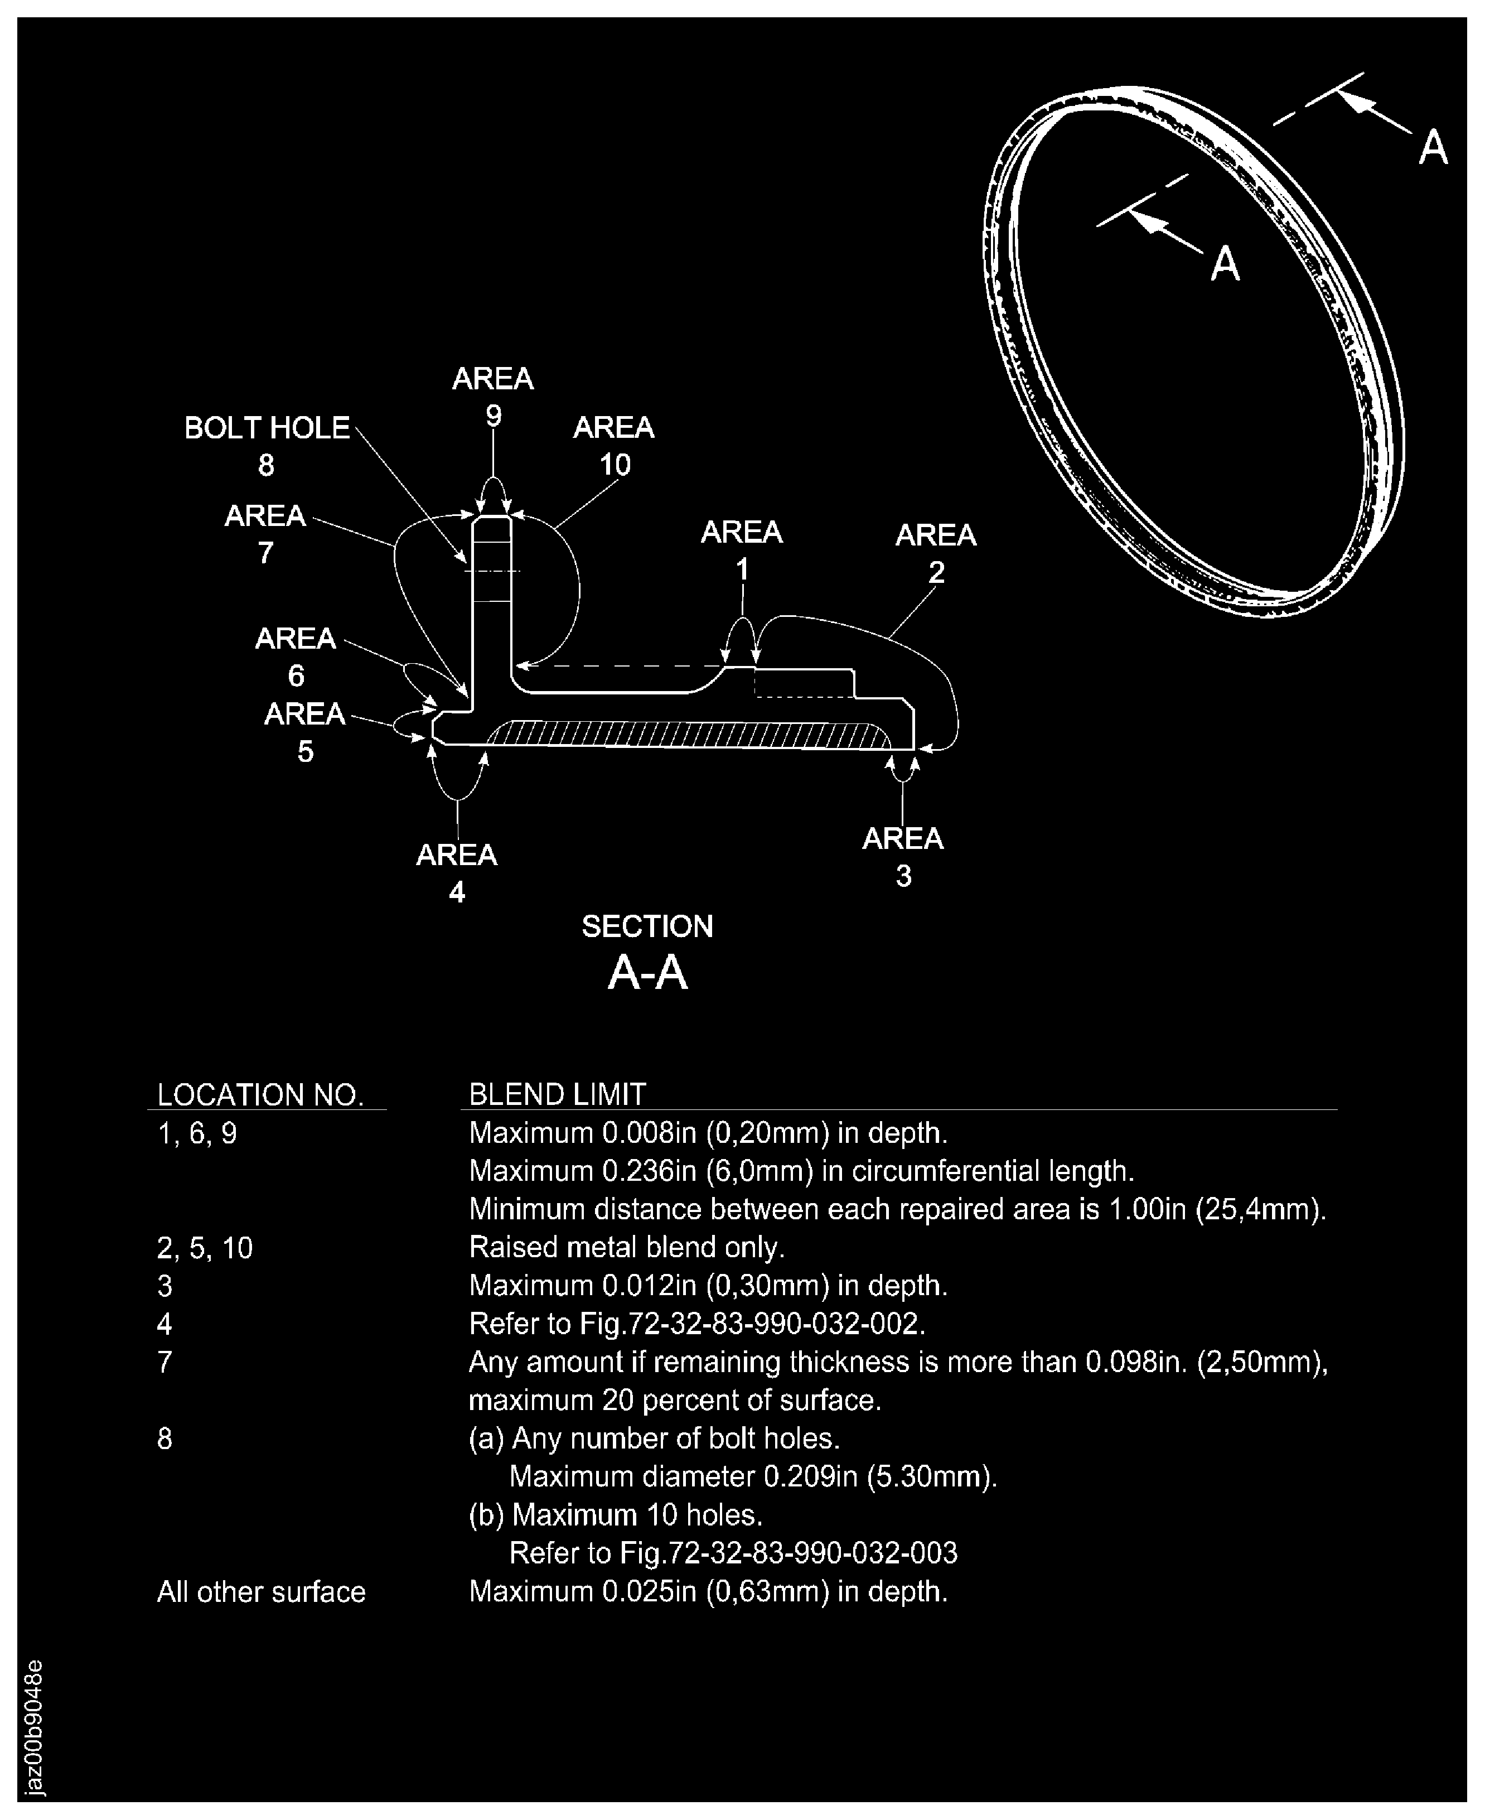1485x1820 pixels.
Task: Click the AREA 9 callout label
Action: click(x=493, y=396)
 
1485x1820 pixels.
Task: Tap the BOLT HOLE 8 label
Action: click(x=267, y=445)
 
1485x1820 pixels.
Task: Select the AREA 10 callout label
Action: click(x=613, y=445)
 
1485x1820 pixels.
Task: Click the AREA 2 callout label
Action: click(x=935, y=553)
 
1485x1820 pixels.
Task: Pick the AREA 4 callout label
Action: click(x=456, y=873)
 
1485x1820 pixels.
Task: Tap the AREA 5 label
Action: click(x=304, y=732)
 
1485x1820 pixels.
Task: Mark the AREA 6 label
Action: click(x=295, y=656)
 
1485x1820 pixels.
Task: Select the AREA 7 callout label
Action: click(x=265, y=533)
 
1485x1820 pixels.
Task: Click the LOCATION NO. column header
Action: click(x=261, y=1094)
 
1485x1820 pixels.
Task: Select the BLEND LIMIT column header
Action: click(x=557, y=1094)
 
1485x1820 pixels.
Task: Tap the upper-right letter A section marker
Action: click(x=1433, y=147)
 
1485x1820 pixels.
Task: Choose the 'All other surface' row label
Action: click(x=261, y=1591)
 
